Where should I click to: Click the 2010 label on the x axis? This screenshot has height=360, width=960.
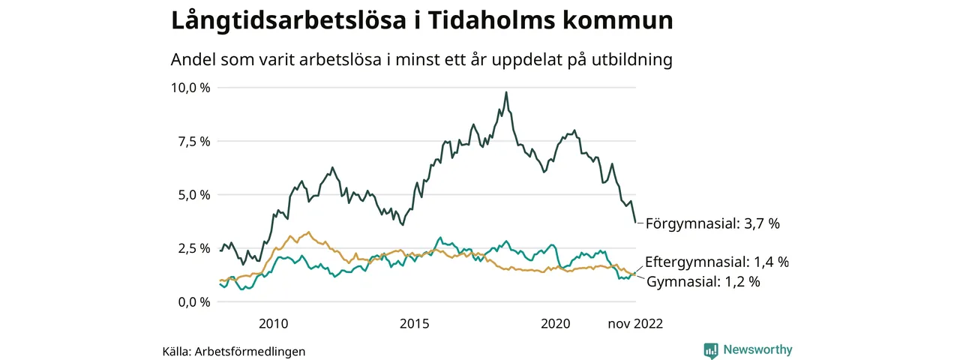tap(273, 323)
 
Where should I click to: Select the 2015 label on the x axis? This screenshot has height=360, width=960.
tap(415, 323)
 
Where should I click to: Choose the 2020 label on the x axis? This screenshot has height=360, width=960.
tap(556, 323)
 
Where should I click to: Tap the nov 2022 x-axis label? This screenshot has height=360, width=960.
tap(635, 323)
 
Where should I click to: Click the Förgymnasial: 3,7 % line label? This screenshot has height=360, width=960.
tap(717, 223)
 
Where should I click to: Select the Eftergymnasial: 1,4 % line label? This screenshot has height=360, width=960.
tap(717, 262)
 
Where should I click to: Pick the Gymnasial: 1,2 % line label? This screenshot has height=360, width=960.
tap(703, 282)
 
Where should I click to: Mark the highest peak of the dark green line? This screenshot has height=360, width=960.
tap(506, 92)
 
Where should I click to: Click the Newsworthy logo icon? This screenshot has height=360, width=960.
tap(711, 350)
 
